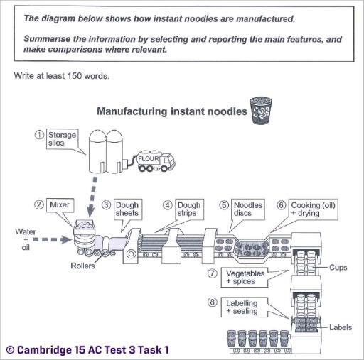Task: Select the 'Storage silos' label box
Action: [61, 138]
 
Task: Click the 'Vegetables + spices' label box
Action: [245, 277]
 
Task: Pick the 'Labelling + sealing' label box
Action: [245, 307]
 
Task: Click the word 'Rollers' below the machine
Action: [83, 266]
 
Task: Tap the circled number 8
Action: [211, 302]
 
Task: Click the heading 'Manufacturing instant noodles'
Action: [169, 111]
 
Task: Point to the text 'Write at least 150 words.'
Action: [61, 75]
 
